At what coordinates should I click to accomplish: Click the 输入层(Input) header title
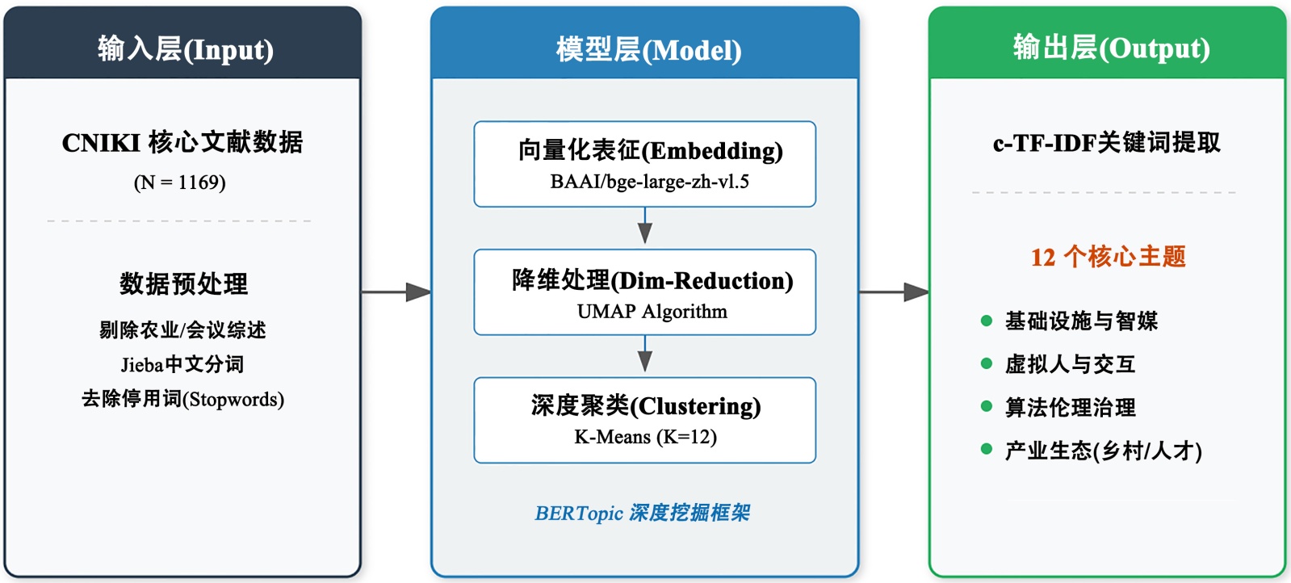point(185,49)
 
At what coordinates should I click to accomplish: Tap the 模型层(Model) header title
point(648,49)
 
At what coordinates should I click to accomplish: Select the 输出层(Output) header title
point(1111,48)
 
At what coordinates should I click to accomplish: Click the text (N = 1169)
point(180,182)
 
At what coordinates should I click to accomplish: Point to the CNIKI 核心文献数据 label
point(182,142)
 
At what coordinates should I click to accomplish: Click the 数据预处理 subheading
point(183,283)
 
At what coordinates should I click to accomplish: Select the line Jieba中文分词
point(182,364)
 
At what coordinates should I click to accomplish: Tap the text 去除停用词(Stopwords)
point(182,399)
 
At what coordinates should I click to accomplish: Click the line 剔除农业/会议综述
point(182,329)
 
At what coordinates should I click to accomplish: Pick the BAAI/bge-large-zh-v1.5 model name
point(649,182)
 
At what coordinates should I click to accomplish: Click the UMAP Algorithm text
point(652,312)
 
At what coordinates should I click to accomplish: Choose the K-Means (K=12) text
point(646,437)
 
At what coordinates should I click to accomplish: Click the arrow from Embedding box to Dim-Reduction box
point(645,225)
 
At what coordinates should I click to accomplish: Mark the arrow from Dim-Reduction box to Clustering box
point(645,354)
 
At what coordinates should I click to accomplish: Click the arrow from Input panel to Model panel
point(396,292)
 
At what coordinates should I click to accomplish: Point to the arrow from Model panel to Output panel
point(894,292)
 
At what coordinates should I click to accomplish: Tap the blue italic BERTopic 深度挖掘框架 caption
point(643,513)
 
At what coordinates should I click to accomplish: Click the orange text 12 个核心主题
point(1108,257)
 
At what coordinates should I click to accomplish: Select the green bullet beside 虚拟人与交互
point(986,363)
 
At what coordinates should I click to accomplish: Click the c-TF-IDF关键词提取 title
point(1107,142)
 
